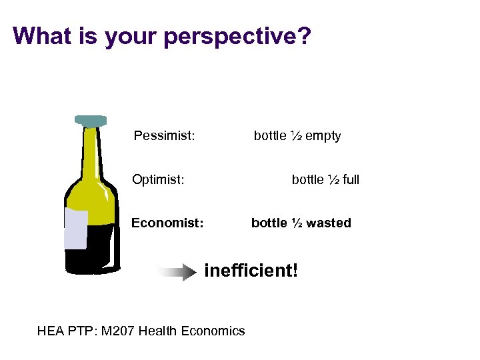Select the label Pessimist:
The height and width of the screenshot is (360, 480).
(x=164, y=136)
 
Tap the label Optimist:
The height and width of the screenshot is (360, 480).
(x=158, y=179)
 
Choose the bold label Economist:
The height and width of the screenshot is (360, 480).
(x=167, y=223)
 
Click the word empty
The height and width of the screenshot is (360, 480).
(x=323, y=136)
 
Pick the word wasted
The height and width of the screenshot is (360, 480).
(x=329, y=223)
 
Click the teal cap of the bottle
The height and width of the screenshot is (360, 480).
(x=91, y=121)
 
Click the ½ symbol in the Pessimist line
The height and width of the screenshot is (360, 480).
(x=297, y=136)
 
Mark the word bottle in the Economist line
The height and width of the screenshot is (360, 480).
(x=269, y=223)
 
